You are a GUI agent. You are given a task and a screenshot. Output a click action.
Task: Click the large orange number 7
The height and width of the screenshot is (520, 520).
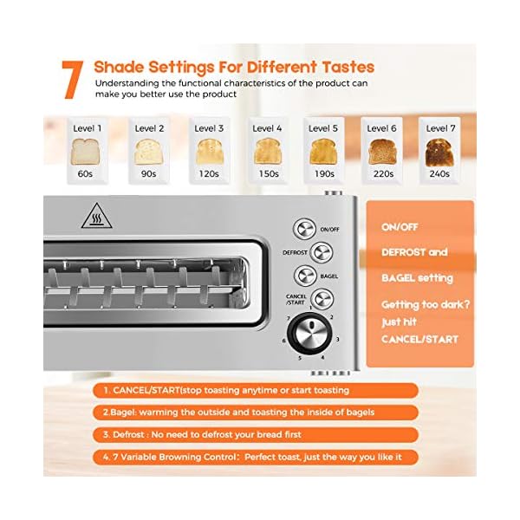pyautogui.click(x=74, y=80)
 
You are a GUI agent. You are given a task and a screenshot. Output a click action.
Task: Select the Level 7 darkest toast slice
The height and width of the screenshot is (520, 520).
pyautogui.click(x=439, y=152)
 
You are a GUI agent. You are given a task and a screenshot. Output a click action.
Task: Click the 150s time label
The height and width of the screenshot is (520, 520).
pyautogui.click(x=268, y=173)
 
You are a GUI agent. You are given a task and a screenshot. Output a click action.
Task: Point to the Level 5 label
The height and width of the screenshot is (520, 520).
pyautogui.click(x=323, y=128)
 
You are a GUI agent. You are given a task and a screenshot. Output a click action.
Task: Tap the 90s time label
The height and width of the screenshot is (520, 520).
pyautogui.click(x=148, y=173)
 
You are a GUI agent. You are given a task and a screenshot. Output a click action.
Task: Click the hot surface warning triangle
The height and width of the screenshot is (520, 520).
pyautogui.click(x=97, y=218)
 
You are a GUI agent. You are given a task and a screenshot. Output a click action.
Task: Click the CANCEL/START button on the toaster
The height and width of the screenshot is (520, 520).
pyautogui.click(x=322, y=300)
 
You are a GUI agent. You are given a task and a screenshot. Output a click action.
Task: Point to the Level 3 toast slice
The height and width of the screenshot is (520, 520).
pyautogui.click(x=208, y=152)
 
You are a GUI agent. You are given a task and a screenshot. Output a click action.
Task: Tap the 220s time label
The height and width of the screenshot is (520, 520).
pyautogui.click(x=383, y=173)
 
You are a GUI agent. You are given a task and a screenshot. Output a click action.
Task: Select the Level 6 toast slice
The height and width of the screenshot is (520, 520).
pyautogui.click(x=382, y=152)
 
